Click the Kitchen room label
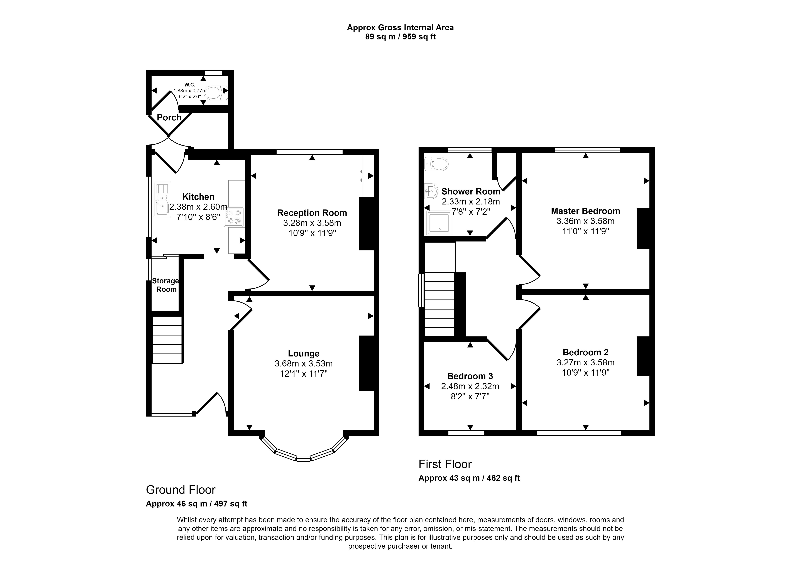(x=198, y=197)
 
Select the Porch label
(x=169, y=118)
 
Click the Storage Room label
(x=166, y=285)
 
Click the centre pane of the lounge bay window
(x=304, y=458)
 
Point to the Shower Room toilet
(x=436, y=164)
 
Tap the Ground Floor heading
(x=181, y=490)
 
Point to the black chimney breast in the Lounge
(x=367, y=363)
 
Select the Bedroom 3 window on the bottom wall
(x=466, y=433)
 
